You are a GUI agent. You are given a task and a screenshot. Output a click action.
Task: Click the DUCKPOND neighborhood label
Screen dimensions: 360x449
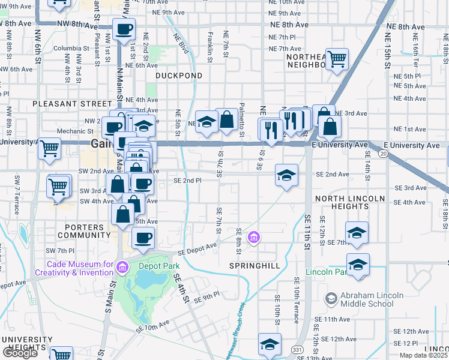click(x=179, y=76)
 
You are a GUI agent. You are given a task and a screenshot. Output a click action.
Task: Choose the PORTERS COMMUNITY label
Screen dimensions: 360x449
click(x=85, y=231)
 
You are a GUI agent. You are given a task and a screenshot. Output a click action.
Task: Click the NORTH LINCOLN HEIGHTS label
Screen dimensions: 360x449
click(x=350, y=202)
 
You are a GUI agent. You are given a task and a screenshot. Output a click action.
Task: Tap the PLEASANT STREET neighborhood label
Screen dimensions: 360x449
click(x=64, y=104)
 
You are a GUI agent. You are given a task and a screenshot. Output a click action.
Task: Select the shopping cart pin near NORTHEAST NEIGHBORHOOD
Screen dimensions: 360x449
click(x=337, y=59)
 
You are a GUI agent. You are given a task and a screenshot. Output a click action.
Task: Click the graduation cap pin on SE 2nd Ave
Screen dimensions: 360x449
click(x=286, y=175)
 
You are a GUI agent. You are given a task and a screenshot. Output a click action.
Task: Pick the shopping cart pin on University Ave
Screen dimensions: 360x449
click(x=49, y=147)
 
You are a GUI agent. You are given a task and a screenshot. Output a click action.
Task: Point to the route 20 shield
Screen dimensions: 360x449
click(x=383, y=155)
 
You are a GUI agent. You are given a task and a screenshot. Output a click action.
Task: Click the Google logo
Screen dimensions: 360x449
click(x=20, y=353)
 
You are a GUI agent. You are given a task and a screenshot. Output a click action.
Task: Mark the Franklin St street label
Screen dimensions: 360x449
click(x=211, y=47)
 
